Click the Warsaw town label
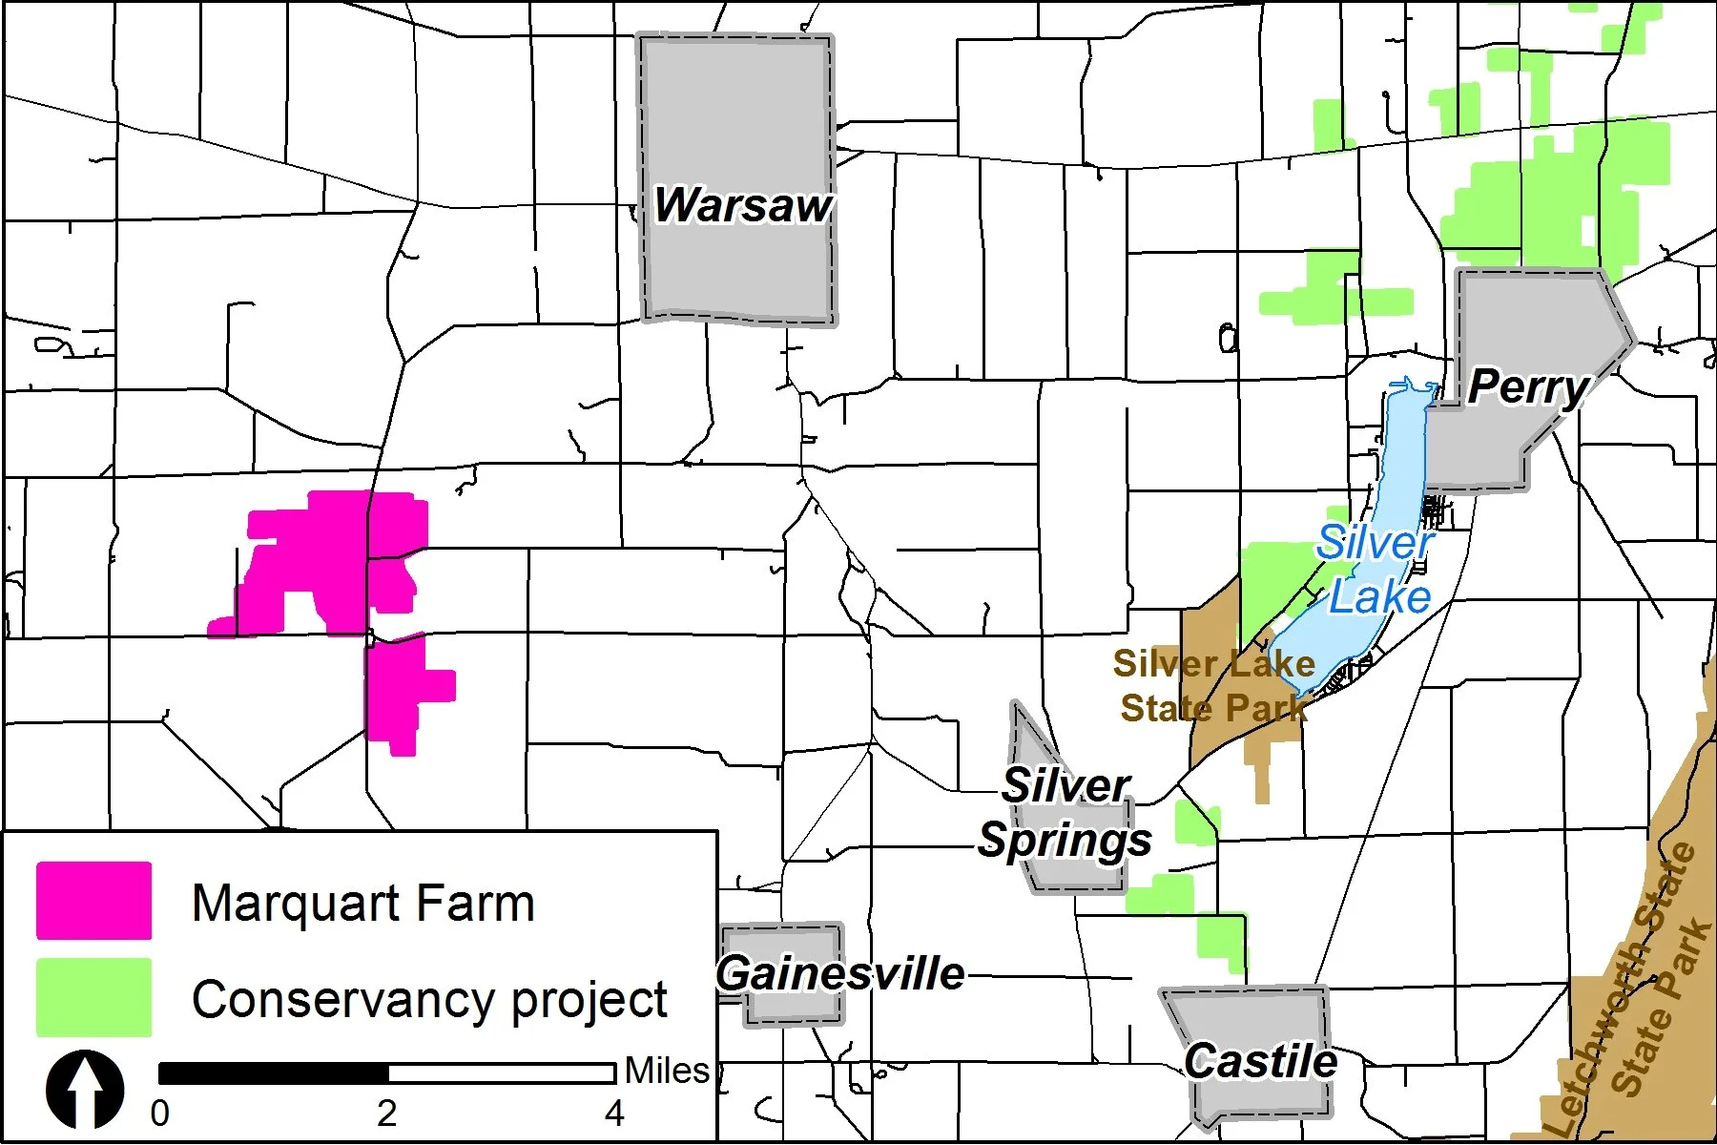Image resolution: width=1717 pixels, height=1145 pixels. (742, 205)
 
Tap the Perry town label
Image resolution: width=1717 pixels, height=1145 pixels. (1527, 386)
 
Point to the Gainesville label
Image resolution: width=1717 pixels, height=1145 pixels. (839, 974)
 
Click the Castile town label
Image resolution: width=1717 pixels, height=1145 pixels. (1260, 1061)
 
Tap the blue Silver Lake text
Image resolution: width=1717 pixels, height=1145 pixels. (1377, 571)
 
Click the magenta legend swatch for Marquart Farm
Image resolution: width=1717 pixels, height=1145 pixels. (93, 901)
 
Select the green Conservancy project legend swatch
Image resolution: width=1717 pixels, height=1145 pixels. (93, 997)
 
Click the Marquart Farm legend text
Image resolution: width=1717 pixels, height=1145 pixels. (362, 903)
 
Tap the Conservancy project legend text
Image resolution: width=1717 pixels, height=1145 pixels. (429, 1000)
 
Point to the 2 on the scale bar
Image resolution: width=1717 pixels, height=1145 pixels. (386, 1114)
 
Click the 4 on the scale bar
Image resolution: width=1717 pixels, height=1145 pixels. (614, 1114)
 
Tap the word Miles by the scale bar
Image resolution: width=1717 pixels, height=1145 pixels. (667, 1071)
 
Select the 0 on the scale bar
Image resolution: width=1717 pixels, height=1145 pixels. (160, 1114)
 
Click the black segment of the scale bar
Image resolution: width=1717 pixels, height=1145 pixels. (274, 1073)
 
